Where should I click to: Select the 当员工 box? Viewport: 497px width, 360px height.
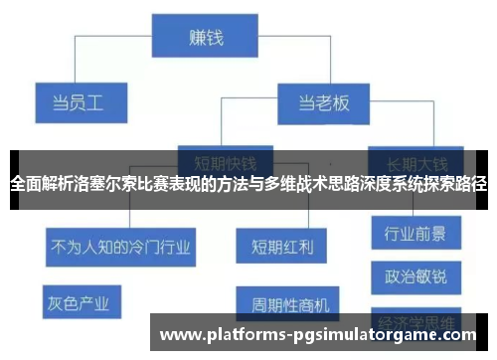[80, 101]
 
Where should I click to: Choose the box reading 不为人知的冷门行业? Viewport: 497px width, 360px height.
[119, 243]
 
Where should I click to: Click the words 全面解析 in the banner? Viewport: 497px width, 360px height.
[36, 184]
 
